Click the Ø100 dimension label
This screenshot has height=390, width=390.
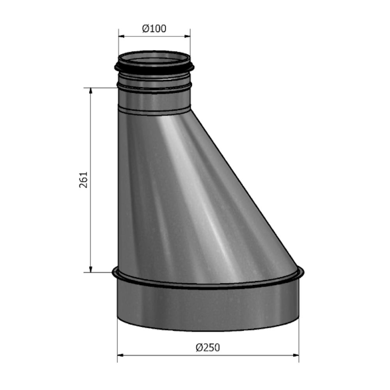tap(154, 29)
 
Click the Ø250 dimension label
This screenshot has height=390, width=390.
tap(207, 347)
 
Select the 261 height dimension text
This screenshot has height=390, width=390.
tap(84, 179)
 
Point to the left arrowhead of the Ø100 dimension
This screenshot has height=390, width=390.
tap(121, 37)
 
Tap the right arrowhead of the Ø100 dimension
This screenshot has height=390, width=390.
tap(188, 37)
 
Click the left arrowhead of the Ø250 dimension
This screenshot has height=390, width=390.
tap(120, 355)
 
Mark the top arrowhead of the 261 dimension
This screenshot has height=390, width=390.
tap(91, 90)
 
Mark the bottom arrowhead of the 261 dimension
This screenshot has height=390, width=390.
tap(91, 269)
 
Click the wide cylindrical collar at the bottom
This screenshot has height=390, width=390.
tap(207, 308)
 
